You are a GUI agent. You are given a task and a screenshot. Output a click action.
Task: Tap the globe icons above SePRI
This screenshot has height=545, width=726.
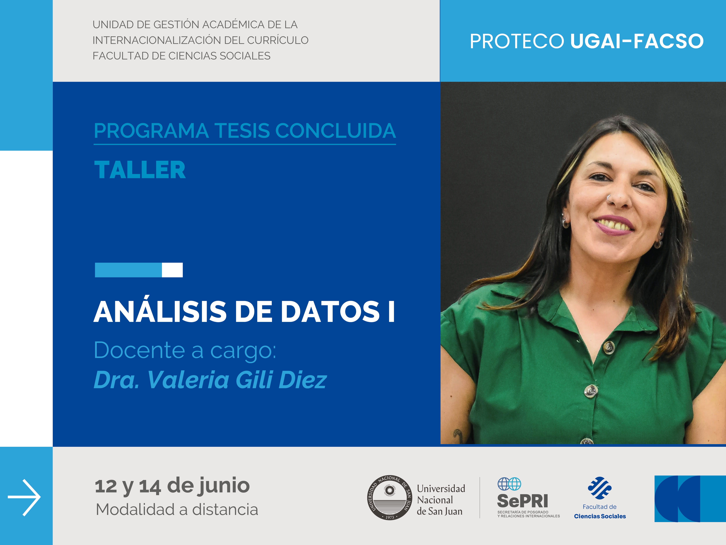pyautogui.click(x=509, y=484)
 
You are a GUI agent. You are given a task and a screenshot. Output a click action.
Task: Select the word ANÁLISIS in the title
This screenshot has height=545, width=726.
pyautogui.click(x=160, y=311)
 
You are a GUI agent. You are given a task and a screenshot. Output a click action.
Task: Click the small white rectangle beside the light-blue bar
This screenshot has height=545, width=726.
pyautogui.click(x=172, y=270)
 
